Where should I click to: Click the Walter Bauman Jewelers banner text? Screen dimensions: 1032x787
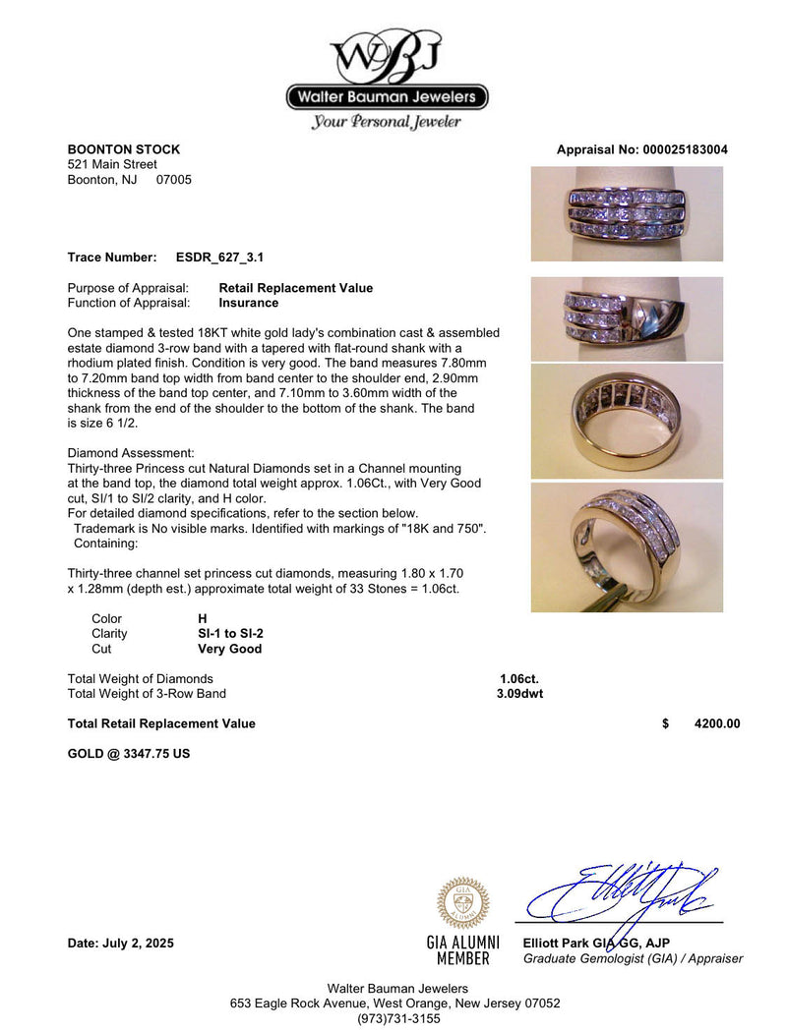point(387,97)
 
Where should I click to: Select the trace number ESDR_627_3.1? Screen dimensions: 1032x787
point(219,258)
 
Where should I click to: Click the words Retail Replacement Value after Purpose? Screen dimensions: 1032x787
point(295,288)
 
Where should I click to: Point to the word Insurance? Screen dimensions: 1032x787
point(248,303)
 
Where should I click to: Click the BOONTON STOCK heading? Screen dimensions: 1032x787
point(123,149)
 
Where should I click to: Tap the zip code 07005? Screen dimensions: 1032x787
point(174,180)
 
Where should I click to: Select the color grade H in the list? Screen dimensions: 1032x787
point(203,619)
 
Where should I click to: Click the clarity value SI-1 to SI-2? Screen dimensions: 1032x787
point(231,634)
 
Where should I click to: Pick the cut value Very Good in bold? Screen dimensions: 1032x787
point(230,649)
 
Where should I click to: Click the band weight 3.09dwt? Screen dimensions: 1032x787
point(519,693)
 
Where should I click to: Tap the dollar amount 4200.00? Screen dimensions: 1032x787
point(716,723)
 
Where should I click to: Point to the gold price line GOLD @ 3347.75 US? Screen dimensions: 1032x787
point(128,754)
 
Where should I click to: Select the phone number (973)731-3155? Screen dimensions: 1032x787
point(398,1018)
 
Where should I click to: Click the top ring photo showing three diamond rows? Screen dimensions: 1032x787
point(627,214)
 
